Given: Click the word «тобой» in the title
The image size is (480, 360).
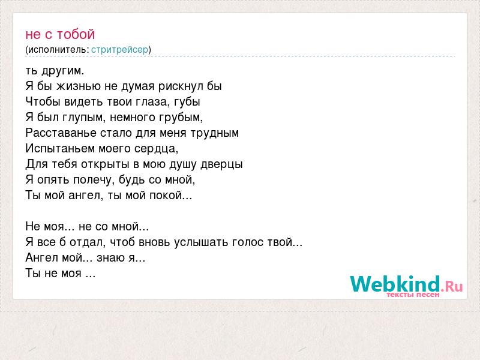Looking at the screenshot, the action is tap(76, 34).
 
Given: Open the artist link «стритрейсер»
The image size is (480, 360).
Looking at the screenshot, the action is tap(119, 49).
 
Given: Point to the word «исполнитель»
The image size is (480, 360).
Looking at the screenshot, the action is tap(57, 49).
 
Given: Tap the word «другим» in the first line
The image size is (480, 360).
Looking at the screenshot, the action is tap(62, 71).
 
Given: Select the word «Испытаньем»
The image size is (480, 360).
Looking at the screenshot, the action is tap(61, 148).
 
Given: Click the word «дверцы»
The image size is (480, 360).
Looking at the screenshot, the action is tap(221, 164).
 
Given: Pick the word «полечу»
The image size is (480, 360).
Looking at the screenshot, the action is tap(94, 180).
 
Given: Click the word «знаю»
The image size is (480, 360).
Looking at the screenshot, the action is tap(111, 258).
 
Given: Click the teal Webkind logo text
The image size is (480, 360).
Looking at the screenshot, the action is tap(395, 284).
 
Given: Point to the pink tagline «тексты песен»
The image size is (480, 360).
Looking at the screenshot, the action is tap(413, 295).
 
